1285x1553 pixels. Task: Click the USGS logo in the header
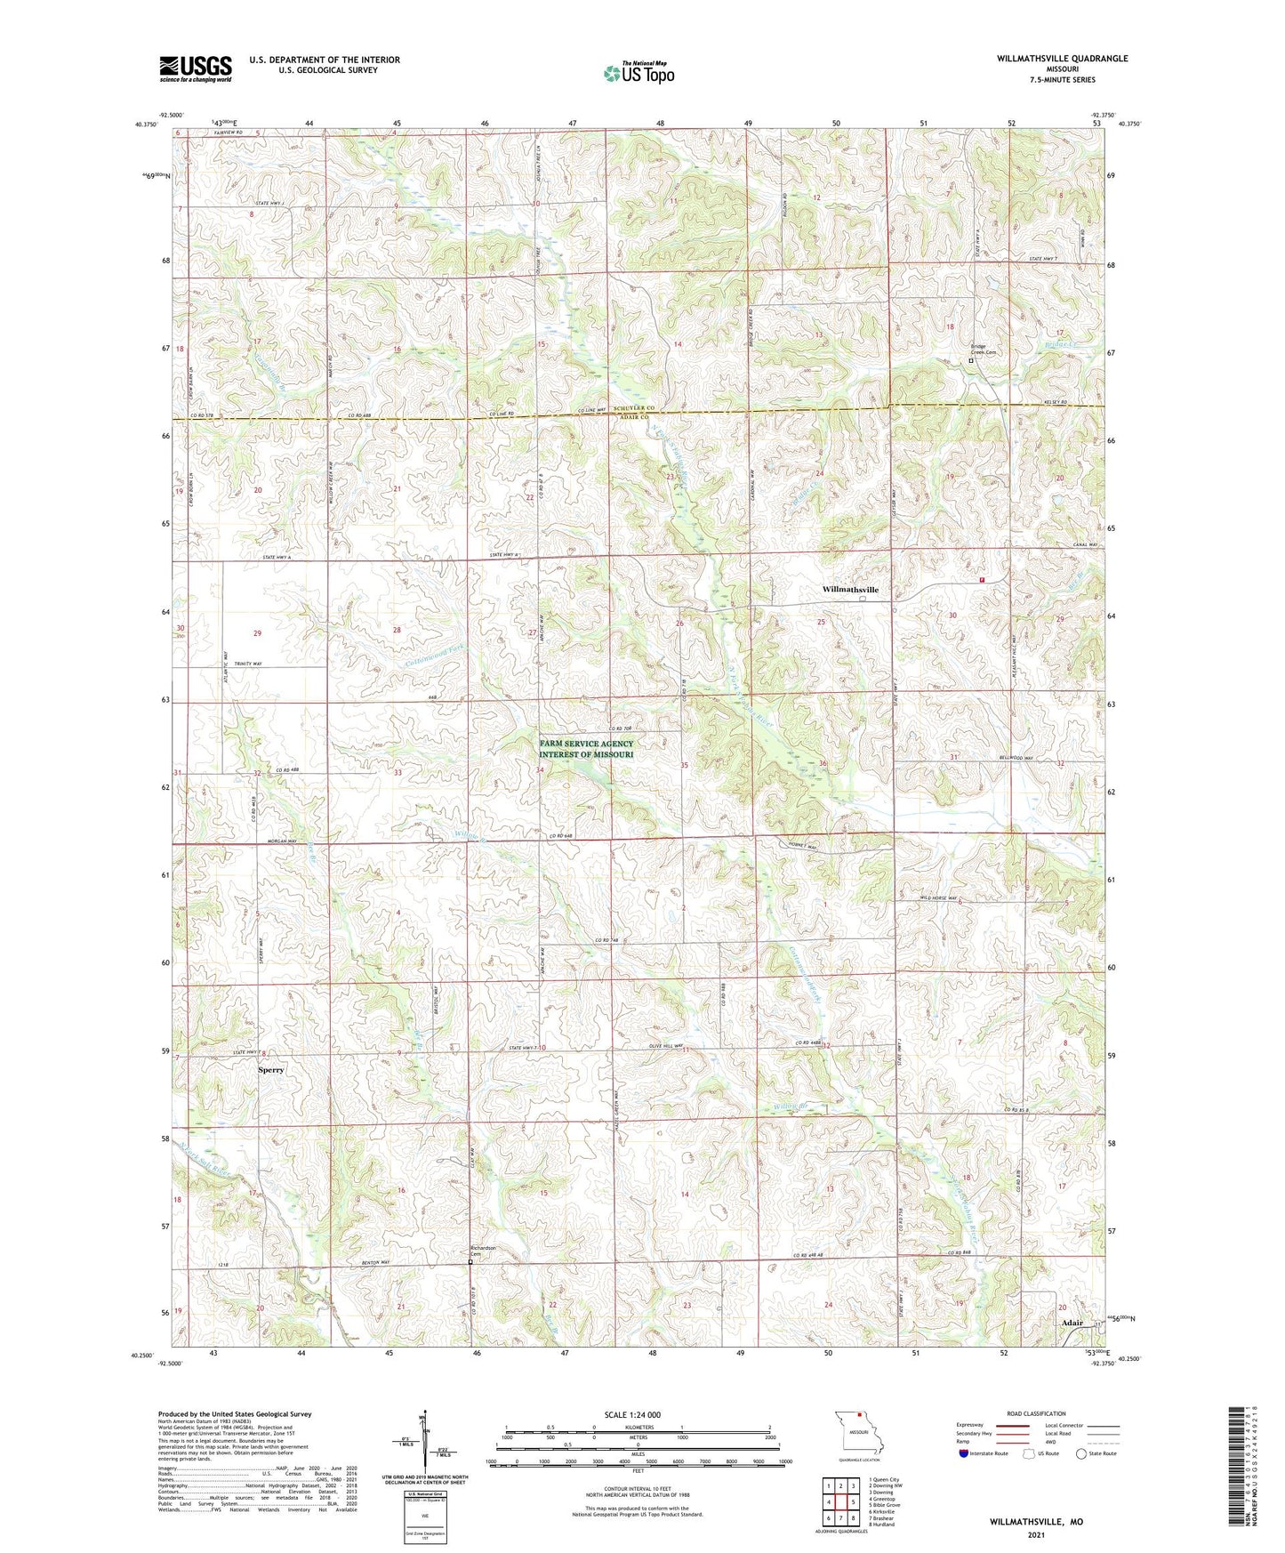[x=196, y=68]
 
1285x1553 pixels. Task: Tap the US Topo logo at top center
[x=638, y=73]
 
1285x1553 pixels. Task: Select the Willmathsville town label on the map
[x=850, y=590]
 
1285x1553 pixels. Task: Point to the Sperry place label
[x=270, y=1070]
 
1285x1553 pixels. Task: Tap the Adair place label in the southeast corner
[x=1072, y=1323]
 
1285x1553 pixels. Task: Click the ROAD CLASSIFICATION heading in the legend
[x=1037, y=1413]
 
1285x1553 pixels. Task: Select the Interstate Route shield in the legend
[x=966, y=1453]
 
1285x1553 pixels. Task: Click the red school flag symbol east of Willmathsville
[x=983, y=579]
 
